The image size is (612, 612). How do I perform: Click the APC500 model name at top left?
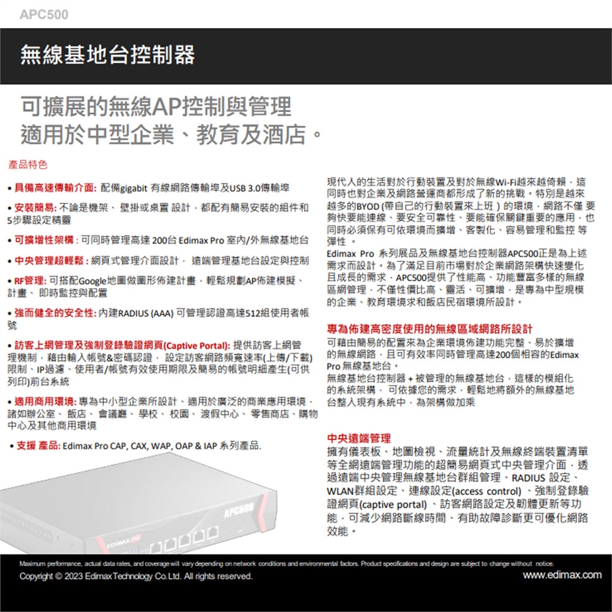point(43,14)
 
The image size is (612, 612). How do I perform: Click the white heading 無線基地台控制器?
point(107,55)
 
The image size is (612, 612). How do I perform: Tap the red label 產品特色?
point(27,166)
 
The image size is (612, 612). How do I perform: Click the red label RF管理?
point(29,280)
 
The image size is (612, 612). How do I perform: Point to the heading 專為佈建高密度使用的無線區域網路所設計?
point(430,330)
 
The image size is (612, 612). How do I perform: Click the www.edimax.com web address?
point(562,576)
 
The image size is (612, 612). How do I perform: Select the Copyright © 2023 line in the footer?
point(135,576)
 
